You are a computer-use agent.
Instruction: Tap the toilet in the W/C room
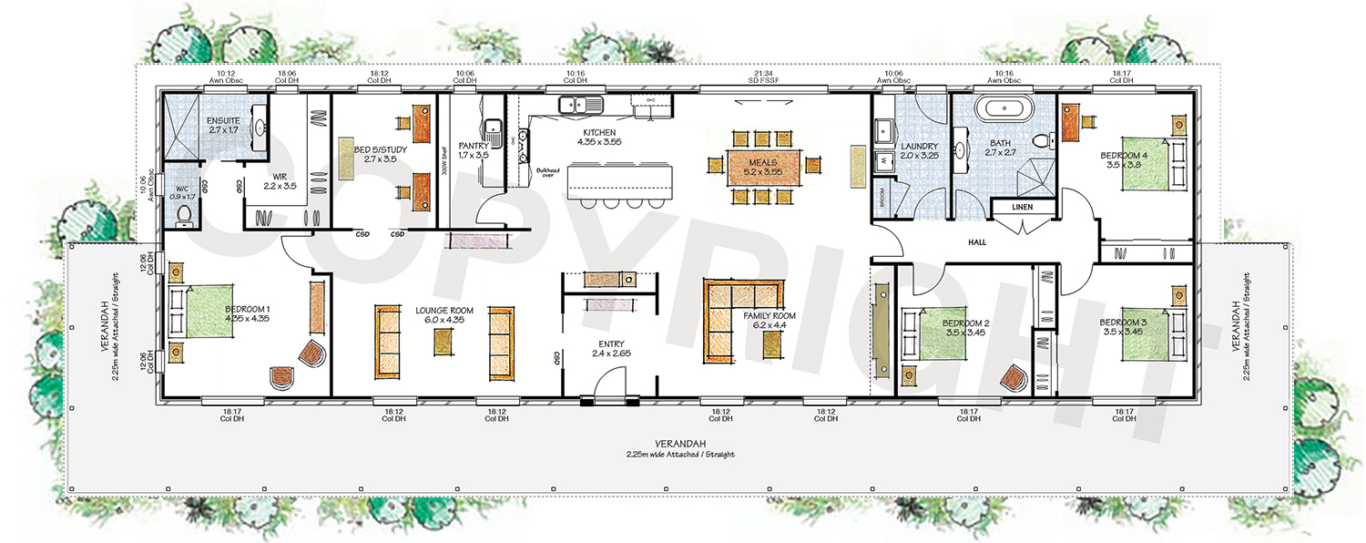coord(184,214)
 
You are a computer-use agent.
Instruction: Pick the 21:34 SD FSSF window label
coord(763,77)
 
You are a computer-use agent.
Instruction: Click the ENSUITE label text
coord(223,121)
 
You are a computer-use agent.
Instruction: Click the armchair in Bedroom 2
coord(1014,377)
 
